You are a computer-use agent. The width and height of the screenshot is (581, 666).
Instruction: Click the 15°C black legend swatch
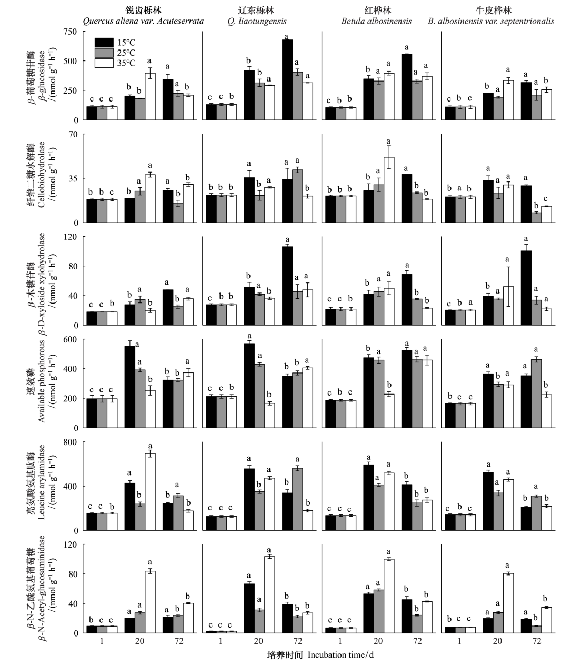click(x=104, y=43)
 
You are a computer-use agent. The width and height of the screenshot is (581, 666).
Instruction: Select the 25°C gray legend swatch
click(x=104, y=53)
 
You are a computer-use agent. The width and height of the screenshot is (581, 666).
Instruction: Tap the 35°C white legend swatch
click(x=104, y=63)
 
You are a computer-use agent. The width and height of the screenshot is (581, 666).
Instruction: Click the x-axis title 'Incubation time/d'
click(x=340, y=655)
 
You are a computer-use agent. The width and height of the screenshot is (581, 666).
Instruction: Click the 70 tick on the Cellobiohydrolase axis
click(x=72, y=134)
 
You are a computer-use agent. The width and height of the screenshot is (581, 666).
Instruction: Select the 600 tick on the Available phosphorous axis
click(x=70, y=339)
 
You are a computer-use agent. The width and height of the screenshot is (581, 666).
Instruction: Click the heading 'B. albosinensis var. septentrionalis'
click(x=498, y=22)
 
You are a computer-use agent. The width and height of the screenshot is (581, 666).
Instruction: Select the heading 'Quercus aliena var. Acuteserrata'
click(x=143, y=22)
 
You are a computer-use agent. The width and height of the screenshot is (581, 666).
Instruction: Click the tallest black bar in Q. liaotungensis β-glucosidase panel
click(x=287, y=79)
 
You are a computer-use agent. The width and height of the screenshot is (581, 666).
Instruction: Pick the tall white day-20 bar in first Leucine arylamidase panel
click(x=150, y=492)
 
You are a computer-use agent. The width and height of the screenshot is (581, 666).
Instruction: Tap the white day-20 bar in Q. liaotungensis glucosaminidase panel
click(x=269, y=594)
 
